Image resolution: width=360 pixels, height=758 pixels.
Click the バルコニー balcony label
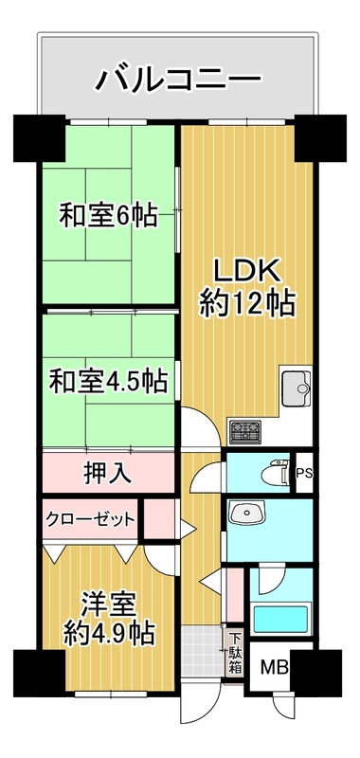coord(178,79)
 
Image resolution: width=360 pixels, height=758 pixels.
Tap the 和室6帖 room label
coord(108,216)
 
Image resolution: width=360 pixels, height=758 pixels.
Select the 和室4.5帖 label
coord(108,382)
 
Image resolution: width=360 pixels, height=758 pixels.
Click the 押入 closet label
coord(107,473)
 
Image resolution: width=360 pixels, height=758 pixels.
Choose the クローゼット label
coord(90,519)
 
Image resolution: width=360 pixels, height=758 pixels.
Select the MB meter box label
coord(274,668)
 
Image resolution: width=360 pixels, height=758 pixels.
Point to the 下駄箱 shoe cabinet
coord(235,653)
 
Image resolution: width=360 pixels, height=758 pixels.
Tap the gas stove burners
coord(245,431)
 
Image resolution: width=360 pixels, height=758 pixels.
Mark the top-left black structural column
coord(39,137)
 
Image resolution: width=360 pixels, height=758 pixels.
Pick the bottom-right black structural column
coord(316,674)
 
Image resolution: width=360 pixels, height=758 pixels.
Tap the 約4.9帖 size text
coord(109,632)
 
